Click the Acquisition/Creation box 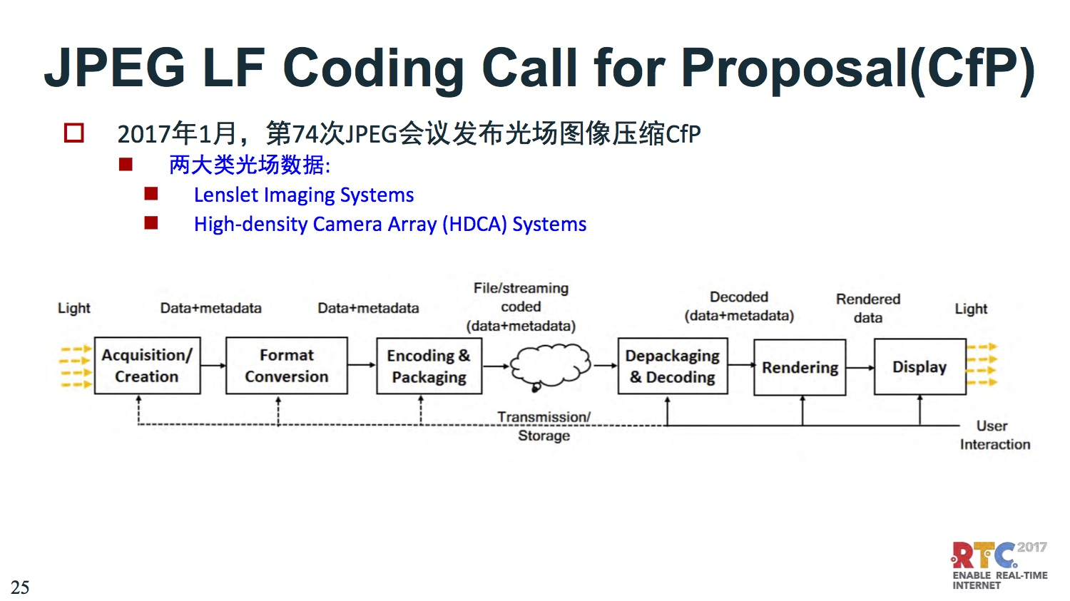(x=147, y=366)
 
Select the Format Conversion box (x=287, y=366)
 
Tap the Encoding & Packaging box (x=429, y=366)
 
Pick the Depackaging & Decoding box (x=673, y=366)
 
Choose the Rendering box (x=800, y=368)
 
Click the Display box (x=920, y=366)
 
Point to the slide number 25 (x=20, y=587)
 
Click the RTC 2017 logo (x=999, y=565)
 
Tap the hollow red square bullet (x=74, y=133)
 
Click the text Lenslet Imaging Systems (x=304, y=195)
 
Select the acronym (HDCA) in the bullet (x=474, y=224)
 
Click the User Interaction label (x=995, y=435)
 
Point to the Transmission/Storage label (x=544, y=426)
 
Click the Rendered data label (x=868, y=309)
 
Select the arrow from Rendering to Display (x=860, y=368)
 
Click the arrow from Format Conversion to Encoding (x=362, y=365)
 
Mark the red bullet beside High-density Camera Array (x=151, y=223)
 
